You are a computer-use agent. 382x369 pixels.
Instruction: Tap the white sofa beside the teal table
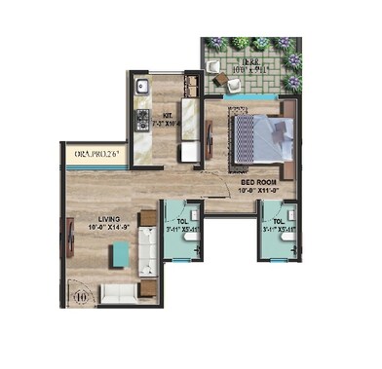(148, 255)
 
